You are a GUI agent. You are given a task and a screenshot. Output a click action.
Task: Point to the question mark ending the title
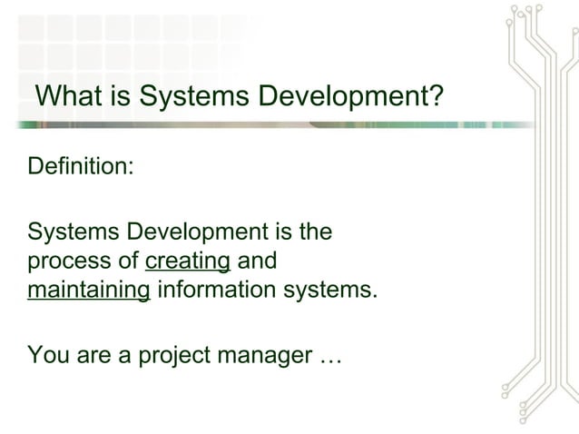tap(438, 95)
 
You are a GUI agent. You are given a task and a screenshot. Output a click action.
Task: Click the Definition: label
tap(82, 168)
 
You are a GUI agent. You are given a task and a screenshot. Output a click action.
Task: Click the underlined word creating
tap(188, 262)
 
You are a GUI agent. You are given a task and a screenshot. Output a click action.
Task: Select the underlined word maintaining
tap(89, 291)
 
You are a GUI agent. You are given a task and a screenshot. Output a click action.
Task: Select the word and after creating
tap(256, 262)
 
